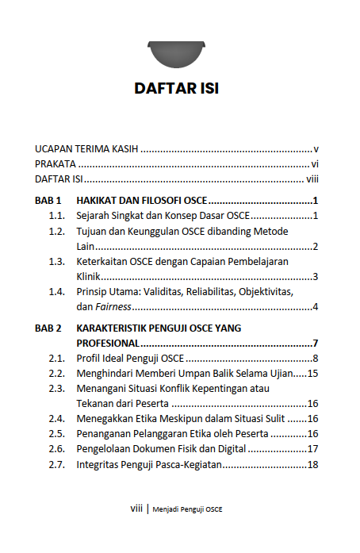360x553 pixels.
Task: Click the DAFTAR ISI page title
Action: pyautogui.click(x=177, y=88)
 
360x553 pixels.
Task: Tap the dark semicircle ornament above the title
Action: pyautogui.click(x=176, y=55)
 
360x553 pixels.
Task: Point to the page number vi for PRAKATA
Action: pyautogui.click(x=315, y=163)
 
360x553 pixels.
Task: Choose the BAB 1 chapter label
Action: pyautogui.click(x=48, y=200)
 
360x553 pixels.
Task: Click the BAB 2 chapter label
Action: pyautogui.click(x=48, y=328)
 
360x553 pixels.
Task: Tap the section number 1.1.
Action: pyautogui.click(x=56, y=215)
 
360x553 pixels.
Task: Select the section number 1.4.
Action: pyautogui.click(x=56, y=292)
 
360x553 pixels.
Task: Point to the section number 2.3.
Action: pyautogui.click(x=56, y=389)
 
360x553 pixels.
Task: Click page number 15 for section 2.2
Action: pyautogui.click(x=312, y=373)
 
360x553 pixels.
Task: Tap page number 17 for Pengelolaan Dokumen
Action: pyautogui.click(x=312, y=449)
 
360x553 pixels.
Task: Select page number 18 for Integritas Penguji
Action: pyautogui.click(x=312, y=464)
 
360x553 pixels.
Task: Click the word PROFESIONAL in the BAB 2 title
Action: pyautogui.click(x=108, y=343)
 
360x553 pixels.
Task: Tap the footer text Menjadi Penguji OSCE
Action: pyautogui.click(x=188, y=509)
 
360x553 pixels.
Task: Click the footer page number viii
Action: pyautogui.click(x=136, y=509)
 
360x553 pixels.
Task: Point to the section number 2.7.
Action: pyautogui.click(x=56, y=464)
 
